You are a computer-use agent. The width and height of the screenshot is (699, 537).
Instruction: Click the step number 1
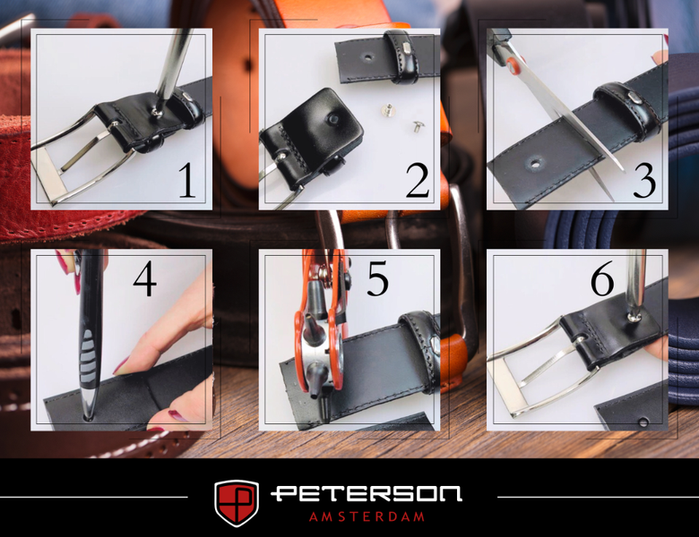187,180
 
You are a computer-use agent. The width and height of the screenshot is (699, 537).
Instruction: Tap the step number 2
418,180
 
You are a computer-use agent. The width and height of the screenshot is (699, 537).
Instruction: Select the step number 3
644,180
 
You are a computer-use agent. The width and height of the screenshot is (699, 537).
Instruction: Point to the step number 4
145,278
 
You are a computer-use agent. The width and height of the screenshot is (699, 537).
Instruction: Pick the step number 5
377,278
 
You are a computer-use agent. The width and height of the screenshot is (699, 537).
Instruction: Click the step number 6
602,278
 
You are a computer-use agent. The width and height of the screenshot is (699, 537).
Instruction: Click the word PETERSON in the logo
366,494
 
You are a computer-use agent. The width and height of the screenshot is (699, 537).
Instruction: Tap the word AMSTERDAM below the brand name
367,516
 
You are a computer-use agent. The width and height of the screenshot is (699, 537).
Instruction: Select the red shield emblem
237,503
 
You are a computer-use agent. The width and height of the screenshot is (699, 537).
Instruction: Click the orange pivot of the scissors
513,64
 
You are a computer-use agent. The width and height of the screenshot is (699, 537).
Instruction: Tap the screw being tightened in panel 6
633,317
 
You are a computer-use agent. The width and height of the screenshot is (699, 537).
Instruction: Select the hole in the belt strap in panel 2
367,57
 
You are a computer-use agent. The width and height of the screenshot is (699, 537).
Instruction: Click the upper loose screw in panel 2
387,108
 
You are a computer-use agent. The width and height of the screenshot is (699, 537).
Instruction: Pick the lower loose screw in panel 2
418,127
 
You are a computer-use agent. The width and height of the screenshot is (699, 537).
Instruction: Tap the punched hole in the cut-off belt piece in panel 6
643,422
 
